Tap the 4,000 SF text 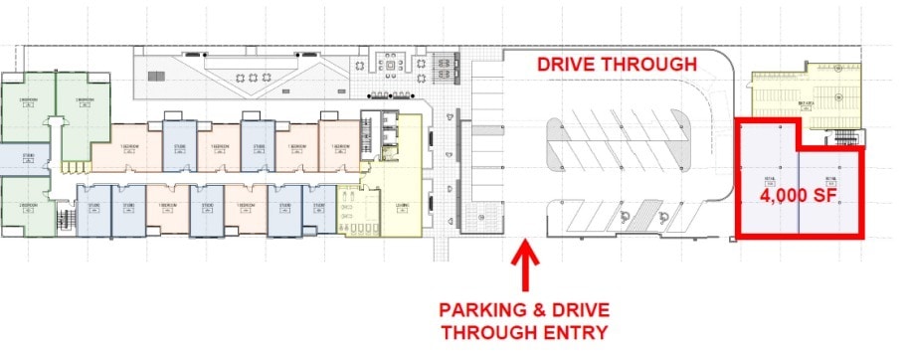click(798, 197)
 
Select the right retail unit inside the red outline click(830, 189)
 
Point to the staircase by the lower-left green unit click(68, 218)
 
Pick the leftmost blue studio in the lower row click(94, 210)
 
